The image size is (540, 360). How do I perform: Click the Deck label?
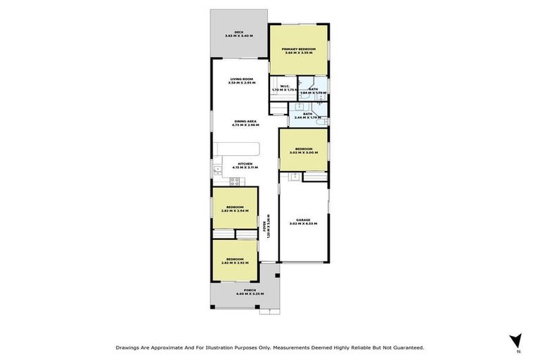239,32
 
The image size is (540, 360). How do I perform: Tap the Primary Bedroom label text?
299,49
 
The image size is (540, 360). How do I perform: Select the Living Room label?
242,79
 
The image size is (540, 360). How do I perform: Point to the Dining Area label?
246,122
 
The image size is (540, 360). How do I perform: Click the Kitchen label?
245,164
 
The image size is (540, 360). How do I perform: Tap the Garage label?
304,220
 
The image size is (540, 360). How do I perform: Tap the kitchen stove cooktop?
236,181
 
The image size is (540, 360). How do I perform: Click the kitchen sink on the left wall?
217,169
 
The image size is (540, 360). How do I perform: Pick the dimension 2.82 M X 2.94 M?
235,210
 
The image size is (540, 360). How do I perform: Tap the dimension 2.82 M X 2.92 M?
235,262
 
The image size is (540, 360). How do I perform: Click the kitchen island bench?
237,149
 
